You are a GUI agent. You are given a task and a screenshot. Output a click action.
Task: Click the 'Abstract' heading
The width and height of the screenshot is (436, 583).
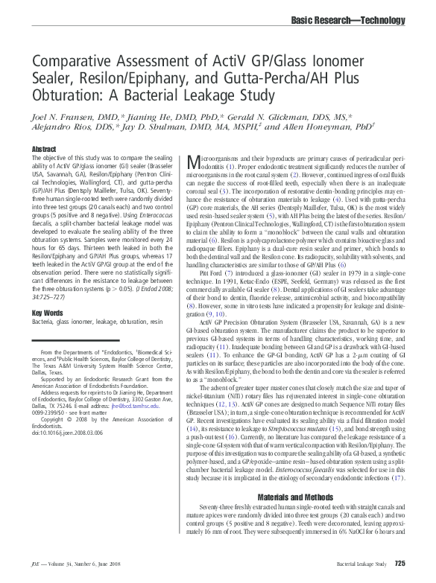tap(44, 150)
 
